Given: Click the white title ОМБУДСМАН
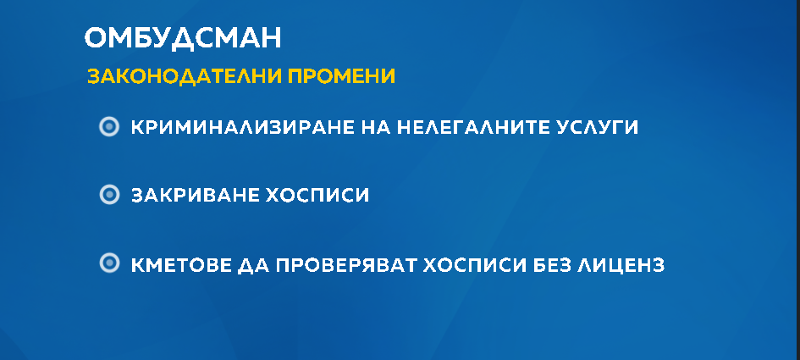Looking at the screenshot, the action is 183,38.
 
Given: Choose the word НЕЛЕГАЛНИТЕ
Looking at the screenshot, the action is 466,127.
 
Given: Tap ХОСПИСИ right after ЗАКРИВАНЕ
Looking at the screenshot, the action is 317,195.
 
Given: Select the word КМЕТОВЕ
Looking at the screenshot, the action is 181,265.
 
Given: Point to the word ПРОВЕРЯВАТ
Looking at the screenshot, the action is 346,265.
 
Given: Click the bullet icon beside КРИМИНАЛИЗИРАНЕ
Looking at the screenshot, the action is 108,127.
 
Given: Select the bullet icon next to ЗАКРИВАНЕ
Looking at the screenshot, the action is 108,195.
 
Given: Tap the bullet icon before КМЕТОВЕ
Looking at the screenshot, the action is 108,263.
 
